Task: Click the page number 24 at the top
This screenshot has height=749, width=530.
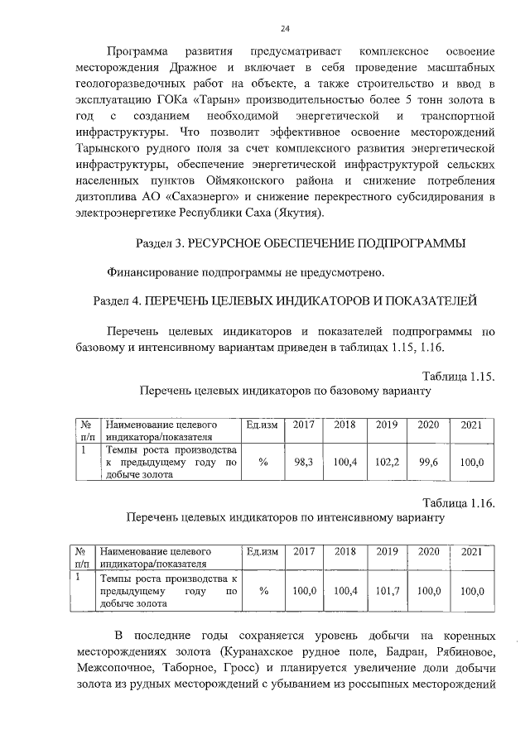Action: (285, 29)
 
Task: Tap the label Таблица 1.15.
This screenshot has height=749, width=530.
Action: (458, 377)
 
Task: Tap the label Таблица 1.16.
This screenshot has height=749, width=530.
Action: (458, 503)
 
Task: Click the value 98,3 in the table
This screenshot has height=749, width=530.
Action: (303, 463)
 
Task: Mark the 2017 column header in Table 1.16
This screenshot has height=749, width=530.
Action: (304, 552)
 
